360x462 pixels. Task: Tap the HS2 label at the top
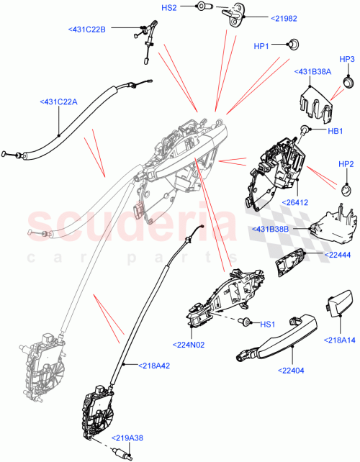coord(168,7)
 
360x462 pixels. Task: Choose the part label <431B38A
coord(312,71)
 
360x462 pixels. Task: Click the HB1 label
coord(334,131)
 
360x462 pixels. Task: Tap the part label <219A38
coord(128,438)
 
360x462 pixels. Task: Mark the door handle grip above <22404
coord(274,344)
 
